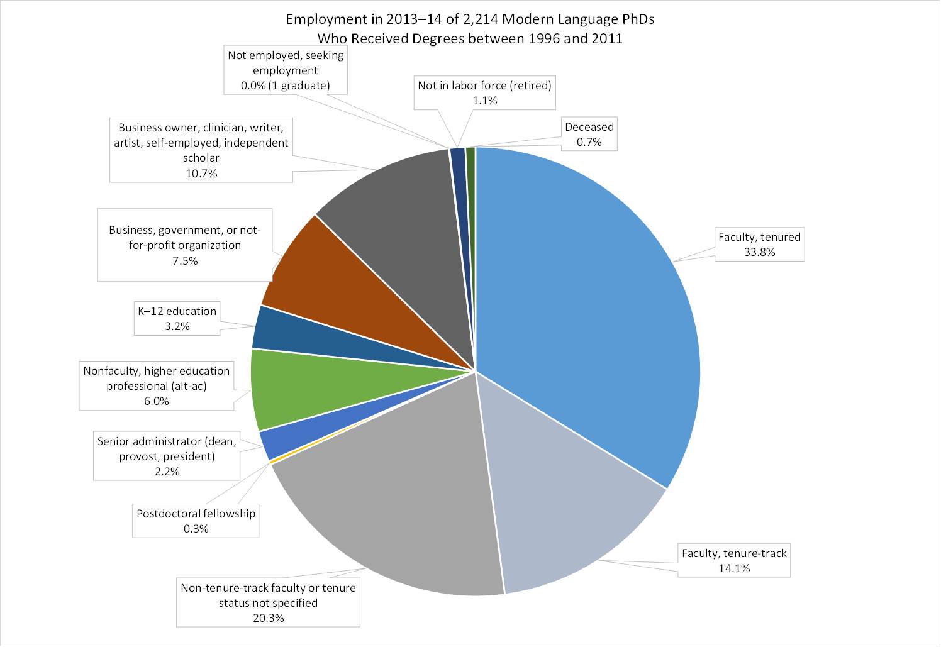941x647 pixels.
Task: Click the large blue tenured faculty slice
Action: [585, 302]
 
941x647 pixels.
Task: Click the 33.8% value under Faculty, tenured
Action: [759, 252]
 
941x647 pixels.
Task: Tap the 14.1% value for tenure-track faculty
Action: [734, 568]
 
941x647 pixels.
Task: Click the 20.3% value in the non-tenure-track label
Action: [268, 618]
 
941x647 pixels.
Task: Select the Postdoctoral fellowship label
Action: [196, 514]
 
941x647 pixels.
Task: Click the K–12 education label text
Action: [177, 311]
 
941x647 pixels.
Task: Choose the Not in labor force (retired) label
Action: [484, 86]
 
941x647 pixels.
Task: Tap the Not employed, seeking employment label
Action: [286, 63]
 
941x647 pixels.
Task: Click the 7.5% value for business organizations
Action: [185, 260]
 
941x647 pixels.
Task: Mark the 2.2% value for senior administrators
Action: [167, 472]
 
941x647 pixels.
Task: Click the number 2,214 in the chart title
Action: [477, 19]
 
